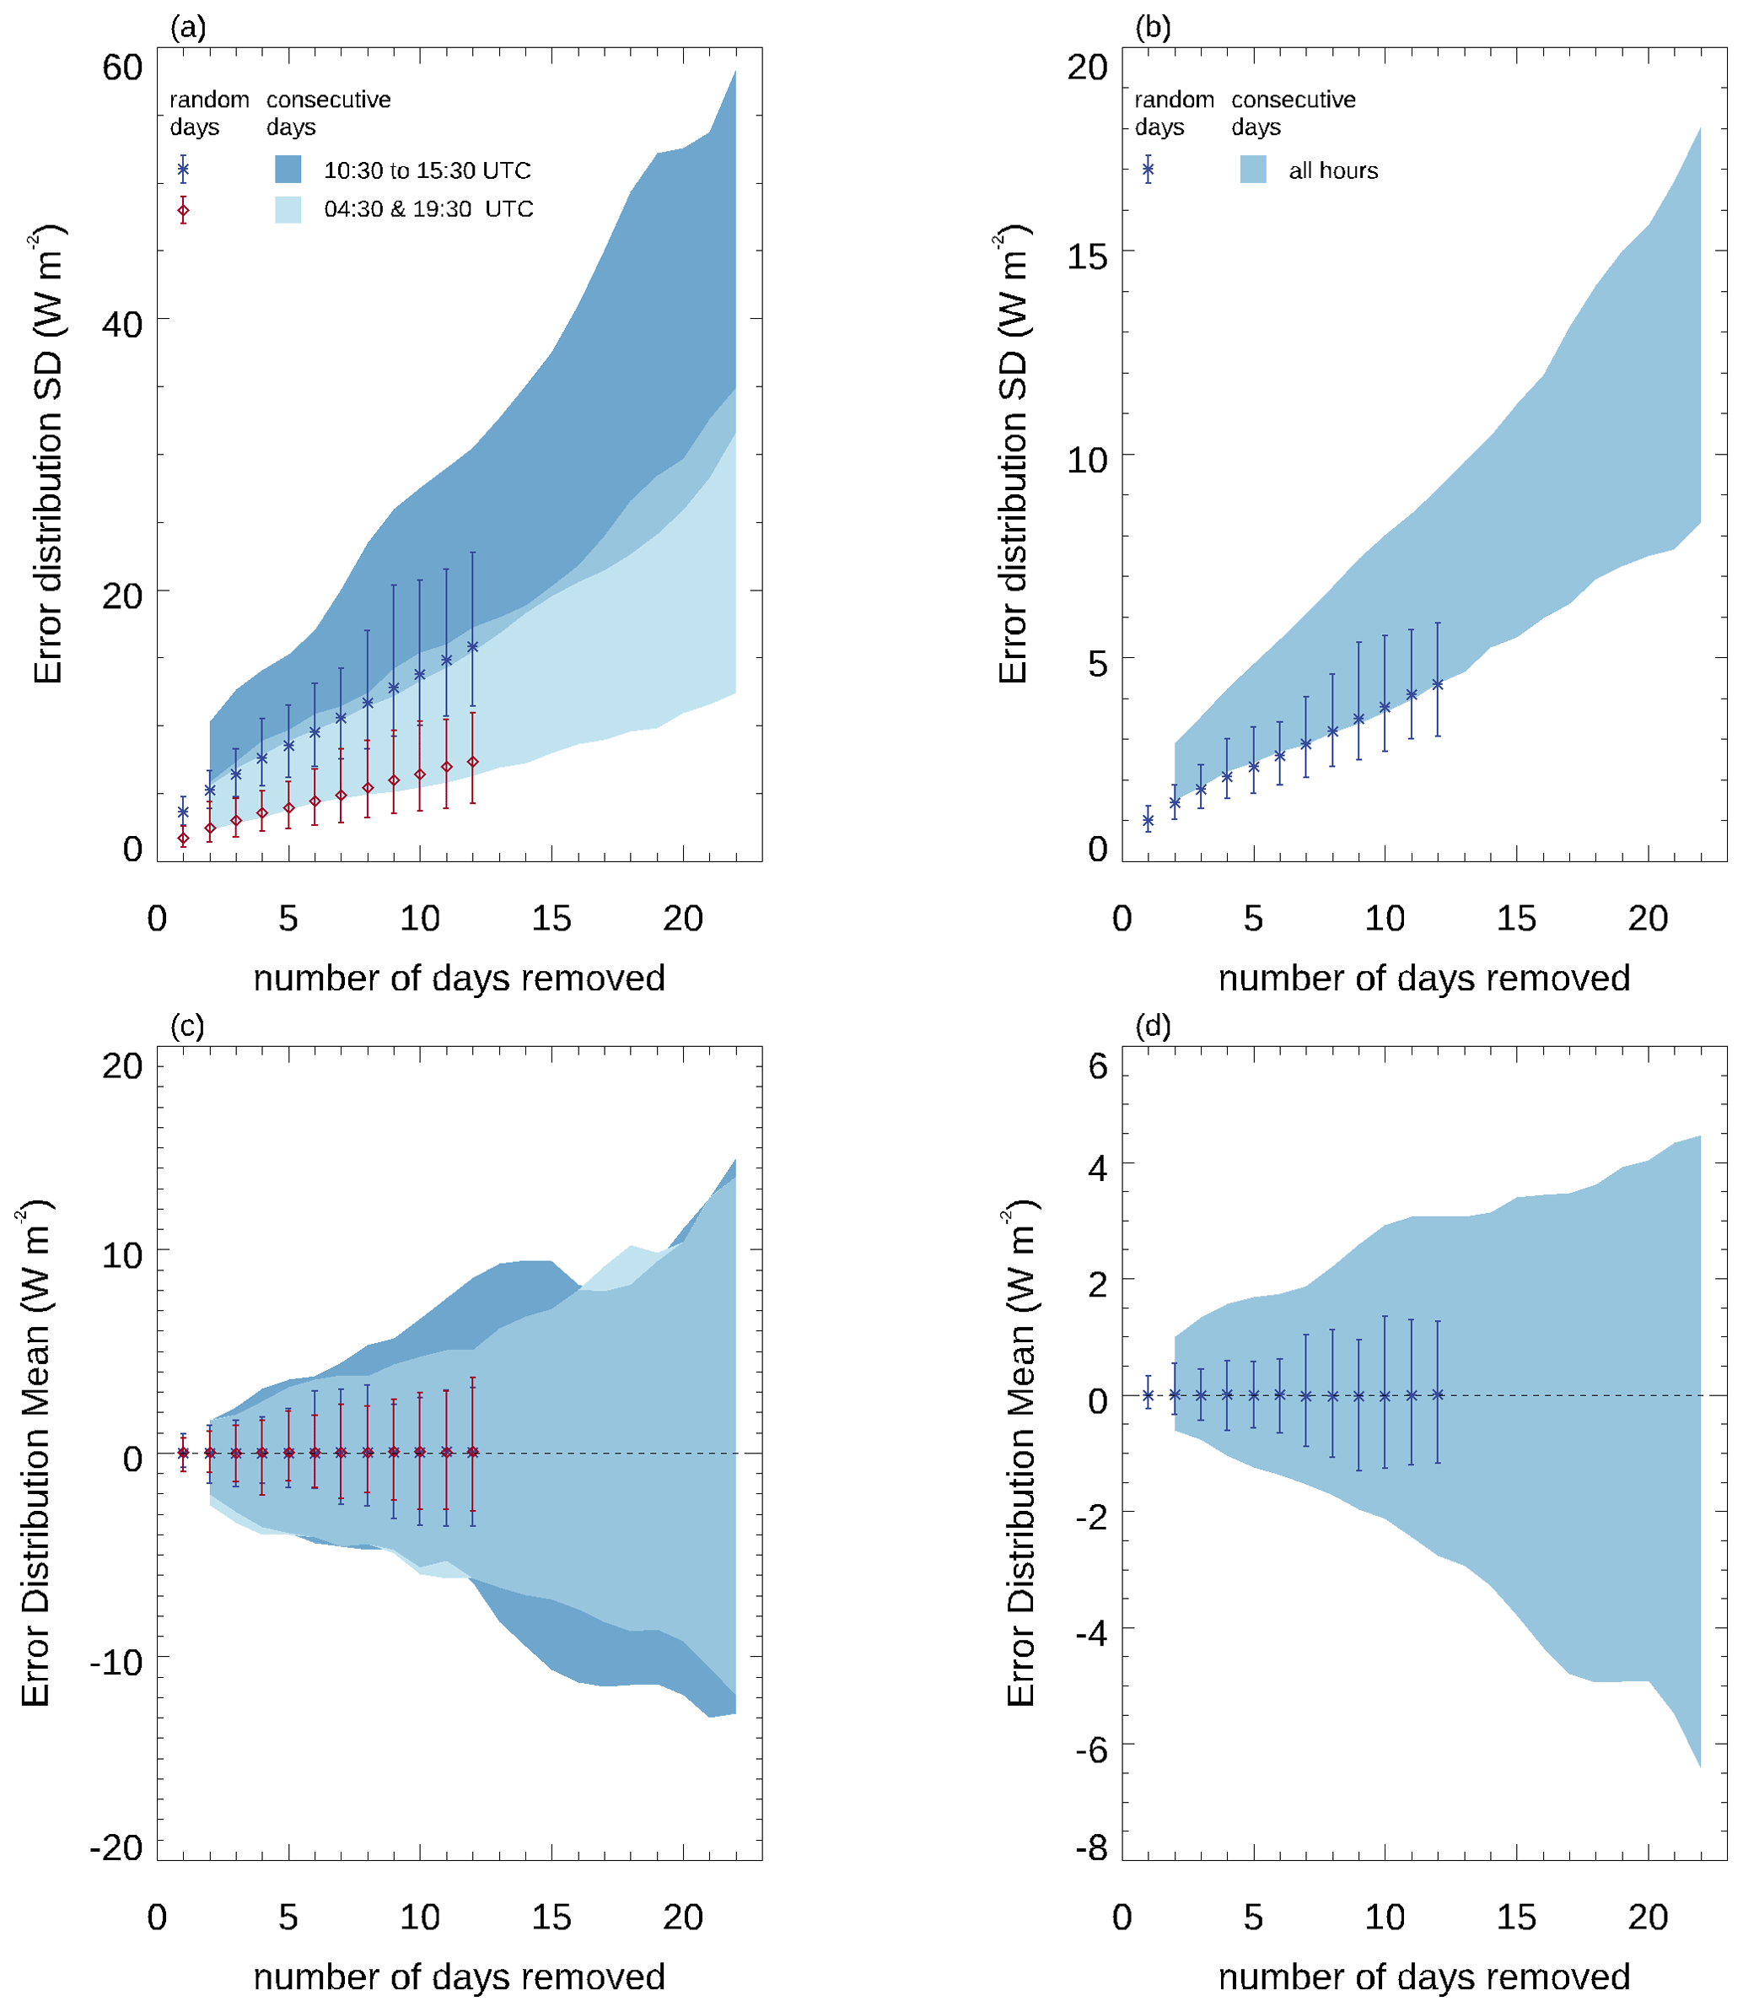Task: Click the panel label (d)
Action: point(1153,1027)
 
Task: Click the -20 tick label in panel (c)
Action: point(116,1847)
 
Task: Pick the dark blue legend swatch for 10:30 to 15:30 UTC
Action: point(288,170)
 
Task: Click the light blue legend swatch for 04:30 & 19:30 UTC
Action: point(288,209)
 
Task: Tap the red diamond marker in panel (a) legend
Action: point(183,210)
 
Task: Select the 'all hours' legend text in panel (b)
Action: point(1332,171)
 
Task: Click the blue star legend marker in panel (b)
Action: point(1148,170)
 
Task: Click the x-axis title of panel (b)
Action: point(1424,978)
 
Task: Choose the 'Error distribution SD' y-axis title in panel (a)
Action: point(46,455)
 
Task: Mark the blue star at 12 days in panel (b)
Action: point(1438,684)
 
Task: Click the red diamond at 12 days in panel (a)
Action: point(473,762)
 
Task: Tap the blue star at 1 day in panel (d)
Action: point(1148,1395)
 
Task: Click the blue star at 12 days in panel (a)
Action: point(473,646)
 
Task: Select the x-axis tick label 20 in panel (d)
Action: point(1648,1917)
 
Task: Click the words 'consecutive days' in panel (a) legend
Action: point(328,113)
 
